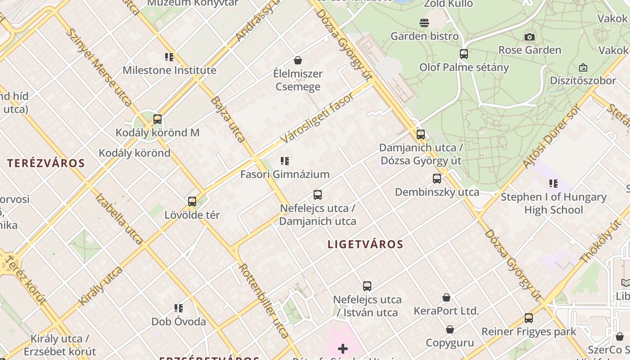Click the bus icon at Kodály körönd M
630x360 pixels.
pyautogui.click(x=157, y=119)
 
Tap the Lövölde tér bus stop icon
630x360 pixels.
pyautogui.click(x=192, y=202)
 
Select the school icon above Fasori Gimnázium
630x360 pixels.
pyautogui.click(x=284, y=161)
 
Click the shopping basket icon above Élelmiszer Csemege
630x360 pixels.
pyautogui.click(x=297, y=60)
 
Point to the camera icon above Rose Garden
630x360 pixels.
pyautogui.click(x=530, y=37)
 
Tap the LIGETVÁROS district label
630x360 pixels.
pyautogui.click(x=365, y=244)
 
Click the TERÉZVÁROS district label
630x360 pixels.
pyautogui.click(x=46, y=163)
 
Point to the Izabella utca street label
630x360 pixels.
pyautogui.click(x=119, y=219)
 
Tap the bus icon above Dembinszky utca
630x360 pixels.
pyautogui.click(x=436, y=179)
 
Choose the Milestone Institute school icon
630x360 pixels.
pyautogui.click(x=169, y=57)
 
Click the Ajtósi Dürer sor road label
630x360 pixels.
pyautogui.click(x=552, y=136)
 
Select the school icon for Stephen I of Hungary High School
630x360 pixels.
pyautogui.click(x=553, y=184)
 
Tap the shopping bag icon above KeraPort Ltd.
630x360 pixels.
pyautogui.click(x=446, y=297)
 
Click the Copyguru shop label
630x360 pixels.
pyautogui.click(x=450, y=342)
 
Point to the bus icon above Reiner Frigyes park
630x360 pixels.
pyautogui.click(x=528, y=318)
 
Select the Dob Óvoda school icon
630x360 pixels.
pyautogui.click(x=179, y=308)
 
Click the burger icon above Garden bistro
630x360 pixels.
pyautogui.click(x=424, y=22)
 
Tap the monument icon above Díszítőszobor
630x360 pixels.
pyautogui.click(x=583, y=67)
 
